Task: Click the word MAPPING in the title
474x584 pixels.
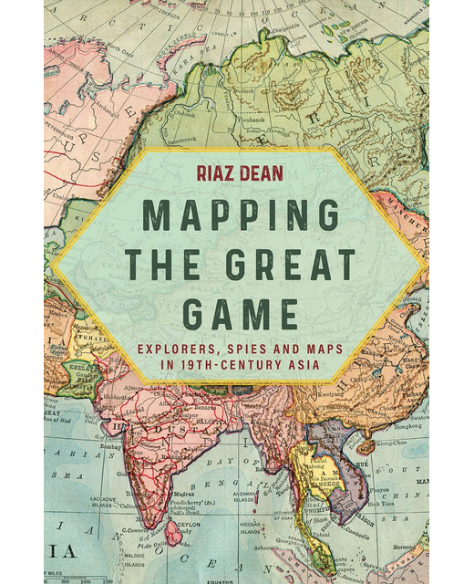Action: (238, 216)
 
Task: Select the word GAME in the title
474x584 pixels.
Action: (239, 312)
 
